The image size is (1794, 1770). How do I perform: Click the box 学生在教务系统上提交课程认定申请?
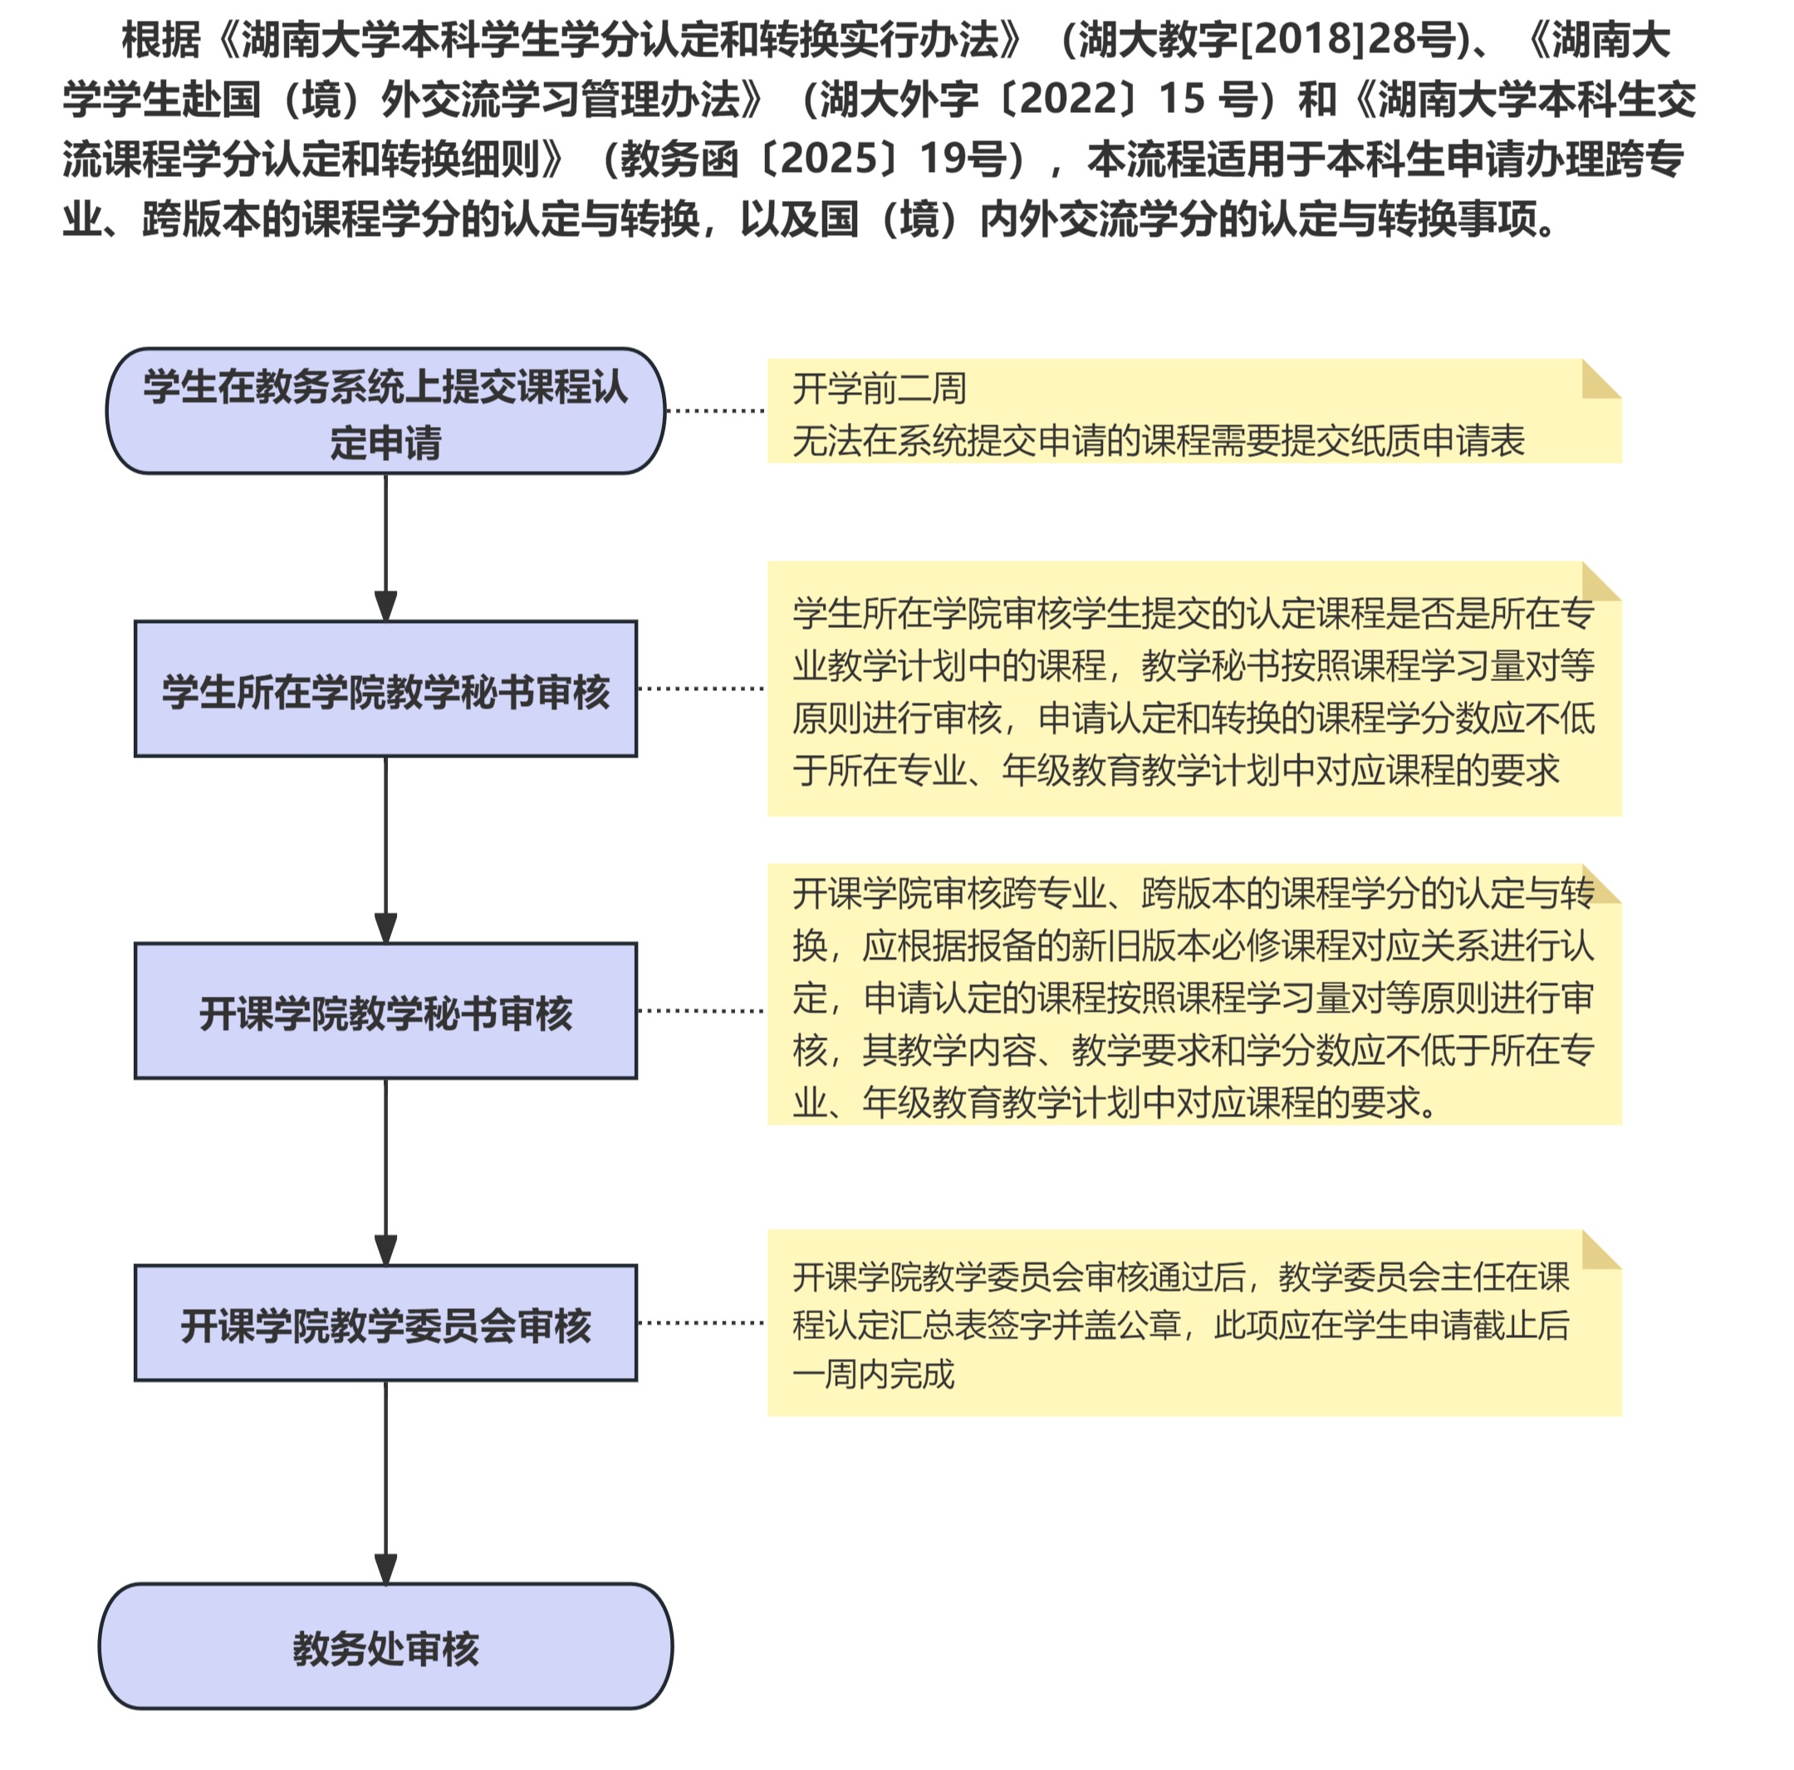pyautogui.click(x=385, y=411)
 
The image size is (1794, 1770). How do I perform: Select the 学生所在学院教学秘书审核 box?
pyautogui.click(x=385, y=689)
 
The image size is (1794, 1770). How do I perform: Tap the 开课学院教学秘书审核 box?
pyautogui.click(x=385, y=1010)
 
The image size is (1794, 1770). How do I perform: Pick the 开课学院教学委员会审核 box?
pyautogui.click(x=385, y=1322)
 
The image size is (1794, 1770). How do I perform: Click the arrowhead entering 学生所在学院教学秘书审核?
pyautogui.click(x=385, y=606)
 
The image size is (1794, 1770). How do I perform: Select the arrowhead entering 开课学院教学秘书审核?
pyautogui.click(x=385, y=929)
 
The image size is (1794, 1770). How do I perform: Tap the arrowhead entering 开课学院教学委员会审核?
pyautogui.click(x=385, y=1250)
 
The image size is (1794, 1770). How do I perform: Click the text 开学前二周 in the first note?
pyautogui.click(x=880, y=388)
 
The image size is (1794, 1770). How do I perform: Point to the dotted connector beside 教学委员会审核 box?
pyautogui.click(x=701, y=1322)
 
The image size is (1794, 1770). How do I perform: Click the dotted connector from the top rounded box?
pyautogui.click(x=716, y=409)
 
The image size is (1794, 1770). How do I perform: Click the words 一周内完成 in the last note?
pyautogui.click(x=874, y=1375)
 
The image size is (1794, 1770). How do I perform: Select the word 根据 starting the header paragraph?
pyautogui.click(x=160, y=39)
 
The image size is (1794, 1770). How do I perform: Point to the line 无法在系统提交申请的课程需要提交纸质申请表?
pyautogui.click(x=1158, y=440)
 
